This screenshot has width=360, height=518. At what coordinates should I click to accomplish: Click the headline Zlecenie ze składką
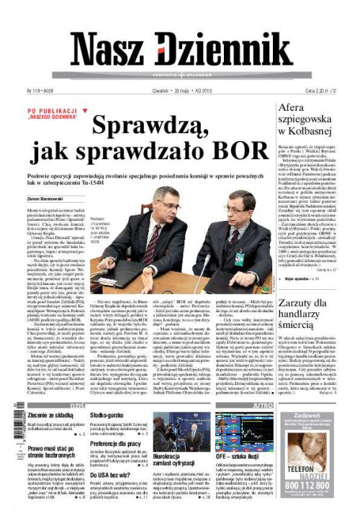(x=52, y=416)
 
